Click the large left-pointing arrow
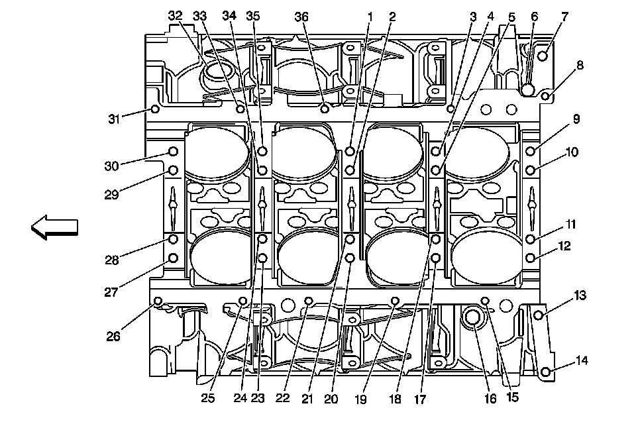point(54,227)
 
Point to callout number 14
point(581,361)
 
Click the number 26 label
point(113,336)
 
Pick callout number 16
point(490,399)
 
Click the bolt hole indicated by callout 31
point(154,109)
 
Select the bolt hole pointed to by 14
point(545,373)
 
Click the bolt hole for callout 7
point(543,56)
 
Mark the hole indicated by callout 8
point(546,97)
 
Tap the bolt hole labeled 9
point(531,151)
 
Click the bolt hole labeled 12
point(531,257)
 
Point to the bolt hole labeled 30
point(174,151)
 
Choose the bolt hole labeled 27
point(174,257)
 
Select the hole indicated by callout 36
point(325,108)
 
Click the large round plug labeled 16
point(472,319)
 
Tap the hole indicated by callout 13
point(538,315)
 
